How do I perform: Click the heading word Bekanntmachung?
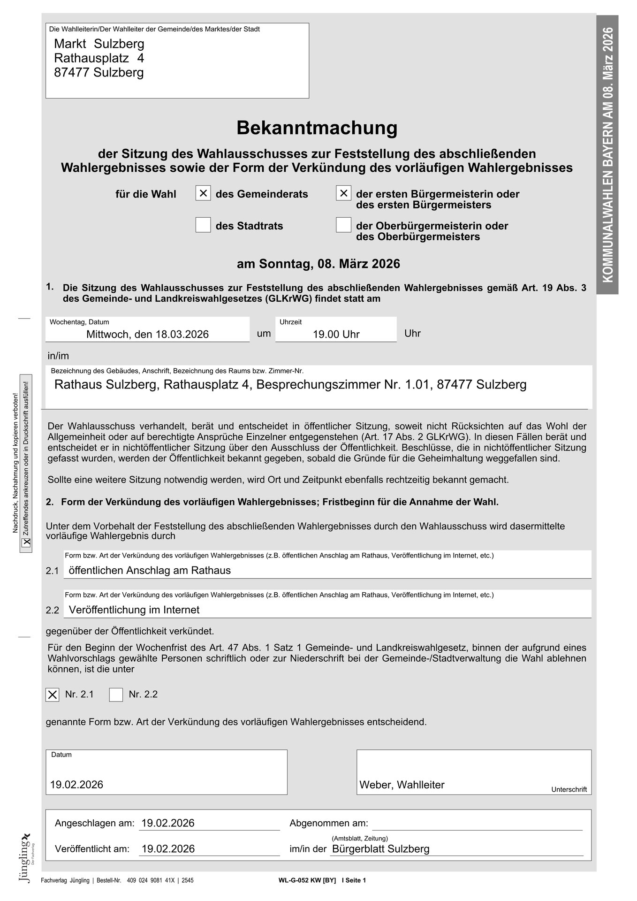tap(317, 128)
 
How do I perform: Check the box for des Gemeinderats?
tap(203, 193)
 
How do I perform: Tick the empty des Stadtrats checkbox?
tap(203, 225)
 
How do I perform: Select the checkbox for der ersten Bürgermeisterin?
tap(343, 193)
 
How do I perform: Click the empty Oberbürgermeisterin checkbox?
tap(343, 225)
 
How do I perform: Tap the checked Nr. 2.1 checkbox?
tap(53, 695)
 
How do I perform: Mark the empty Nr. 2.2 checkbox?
tap(116, 695)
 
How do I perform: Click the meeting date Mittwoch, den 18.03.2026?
tap(147, 334)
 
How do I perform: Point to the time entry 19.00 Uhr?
tap(336, 334)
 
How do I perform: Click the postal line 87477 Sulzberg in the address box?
tap(99, 73)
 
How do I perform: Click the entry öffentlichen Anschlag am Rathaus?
tap(150, 571)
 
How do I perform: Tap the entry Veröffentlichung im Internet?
tap(134, 610)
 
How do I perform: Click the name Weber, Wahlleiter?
tap(402, 785)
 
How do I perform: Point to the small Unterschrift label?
tap(569, 789)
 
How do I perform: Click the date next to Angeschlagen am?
tap(168, 823)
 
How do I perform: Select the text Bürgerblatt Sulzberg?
tap(380, 849)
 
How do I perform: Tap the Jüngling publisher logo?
tap(26, 857)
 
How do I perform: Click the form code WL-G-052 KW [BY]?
tap(307, 880)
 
